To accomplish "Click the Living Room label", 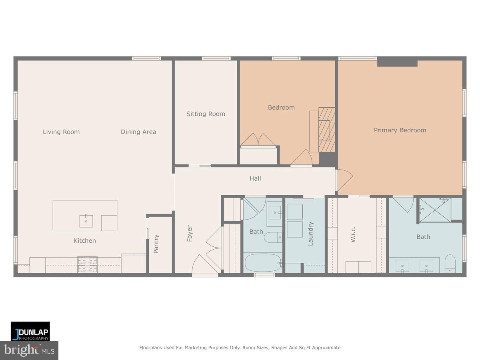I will (x=61, y=132).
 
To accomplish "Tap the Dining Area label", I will (x=138, y=132).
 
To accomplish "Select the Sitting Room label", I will (x=206, y=114).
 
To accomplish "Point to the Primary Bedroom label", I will (x=400, y=130).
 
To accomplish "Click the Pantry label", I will (x=156, y=244).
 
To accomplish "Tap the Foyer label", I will (x=190, y=234).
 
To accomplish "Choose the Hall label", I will (x=255, y=178).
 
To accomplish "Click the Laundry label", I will (x=311, y=234).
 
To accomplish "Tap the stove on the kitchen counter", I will (x=88, y=264).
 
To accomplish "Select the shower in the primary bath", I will (x=436, y=209).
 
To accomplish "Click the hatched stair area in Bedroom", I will (x=327, y=130).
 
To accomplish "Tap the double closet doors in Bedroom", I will (x=258, y=140).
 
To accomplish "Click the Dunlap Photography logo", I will (x=30, y=331).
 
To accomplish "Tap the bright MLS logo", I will (x=29, y=350).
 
